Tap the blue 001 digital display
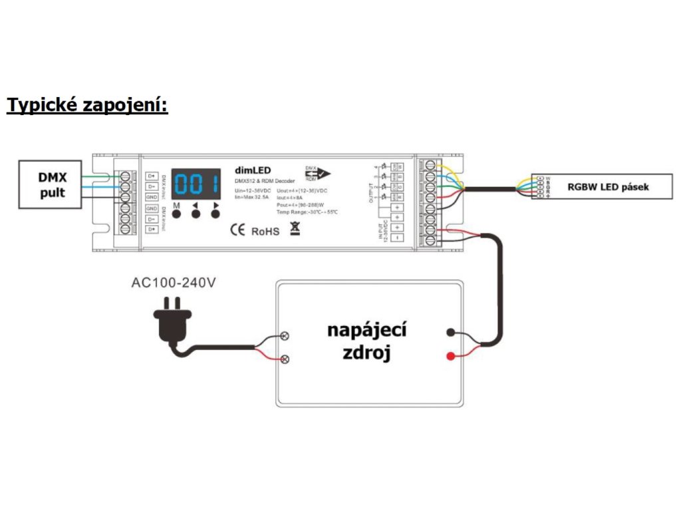(x=196, y=183)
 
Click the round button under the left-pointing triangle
(x=196, y=216)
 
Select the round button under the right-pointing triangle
(x=215, y=216)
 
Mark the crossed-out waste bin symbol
(x=294, y=230)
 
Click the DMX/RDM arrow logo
(x=317, y=174)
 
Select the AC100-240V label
(x=174, y=282)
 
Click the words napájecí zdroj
(x=366, y=341)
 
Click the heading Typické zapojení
(x=87, y=104)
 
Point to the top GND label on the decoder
(x=151, y=198)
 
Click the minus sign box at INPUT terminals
(x=398, y=237)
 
